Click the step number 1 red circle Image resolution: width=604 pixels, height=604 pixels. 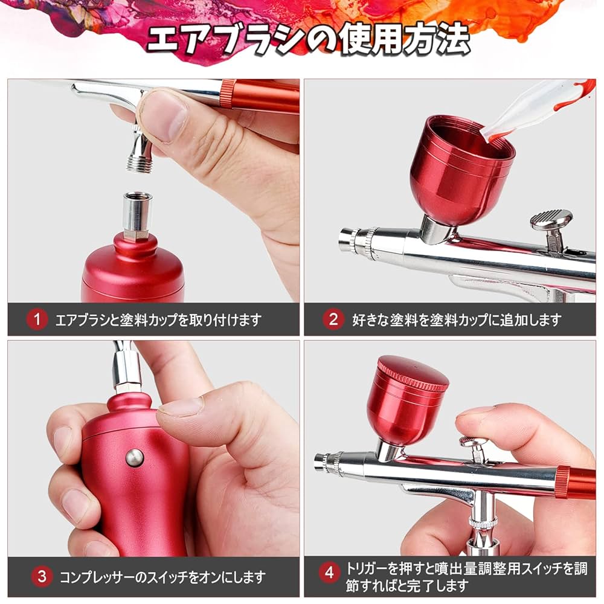37,320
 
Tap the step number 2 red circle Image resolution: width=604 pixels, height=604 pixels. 333,320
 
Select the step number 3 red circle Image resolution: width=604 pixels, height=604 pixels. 42,576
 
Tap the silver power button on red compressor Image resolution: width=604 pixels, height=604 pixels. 135,457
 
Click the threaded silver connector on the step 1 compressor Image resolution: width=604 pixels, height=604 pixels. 137,214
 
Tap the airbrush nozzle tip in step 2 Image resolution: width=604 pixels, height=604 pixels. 345,239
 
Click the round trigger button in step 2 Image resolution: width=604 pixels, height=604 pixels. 551,220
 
